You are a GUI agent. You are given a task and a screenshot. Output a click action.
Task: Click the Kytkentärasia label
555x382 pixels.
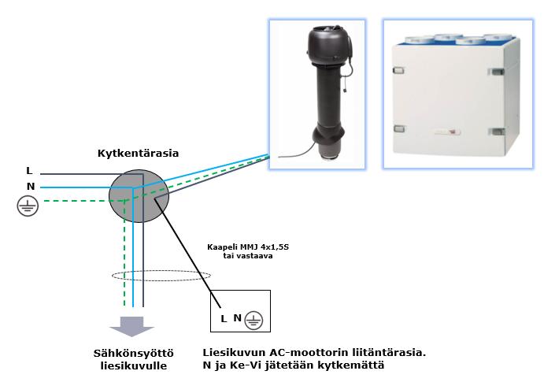point(138,152)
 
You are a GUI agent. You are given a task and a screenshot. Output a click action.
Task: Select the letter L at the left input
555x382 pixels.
point(29,171)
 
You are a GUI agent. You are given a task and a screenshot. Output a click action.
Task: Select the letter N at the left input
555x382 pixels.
point(30,187)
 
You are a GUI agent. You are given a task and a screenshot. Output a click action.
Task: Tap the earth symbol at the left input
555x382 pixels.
point(28,206)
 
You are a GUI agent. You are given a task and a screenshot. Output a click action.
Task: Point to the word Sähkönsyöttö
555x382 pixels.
point(128,354)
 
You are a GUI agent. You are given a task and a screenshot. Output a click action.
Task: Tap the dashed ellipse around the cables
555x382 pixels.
point(161,276)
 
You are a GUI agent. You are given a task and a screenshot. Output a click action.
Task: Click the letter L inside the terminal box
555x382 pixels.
point(224,318)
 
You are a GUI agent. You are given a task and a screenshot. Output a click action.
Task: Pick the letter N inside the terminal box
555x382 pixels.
point(237,318)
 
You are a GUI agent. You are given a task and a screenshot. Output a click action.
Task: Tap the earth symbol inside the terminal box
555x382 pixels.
point(253,319)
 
